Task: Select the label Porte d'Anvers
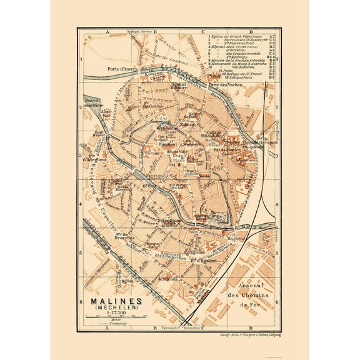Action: pos(102,69)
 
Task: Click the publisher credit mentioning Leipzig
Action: pos(237,334)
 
